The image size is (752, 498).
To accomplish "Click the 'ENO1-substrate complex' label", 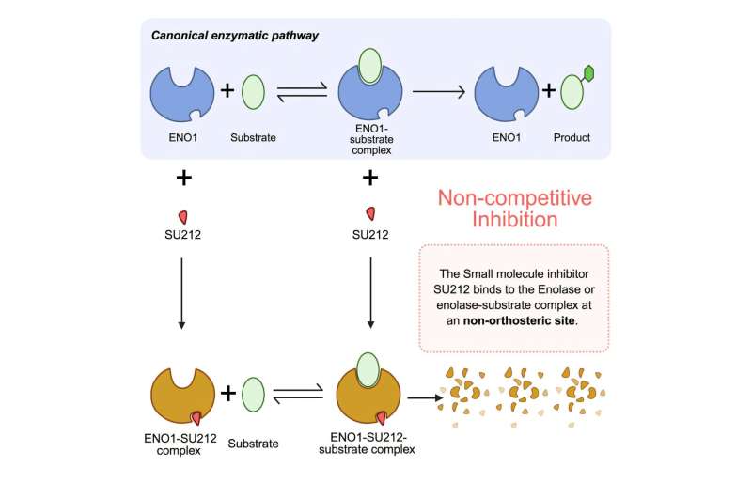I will click(371, 145).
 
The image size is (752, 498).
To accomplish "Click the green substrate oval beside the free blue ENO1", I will click(254, 94).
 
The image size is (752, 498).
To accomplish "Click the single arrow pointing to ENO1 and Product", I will click(441, 94).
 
